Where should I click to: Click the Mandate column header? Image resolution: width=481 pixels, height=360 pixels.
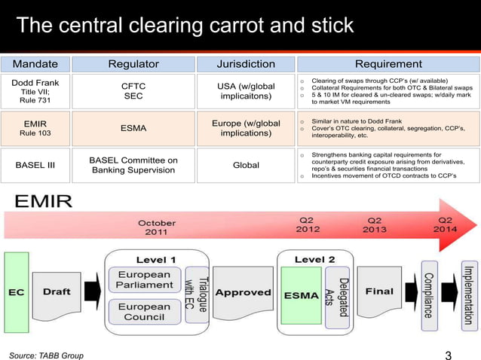click(x=35, y=64)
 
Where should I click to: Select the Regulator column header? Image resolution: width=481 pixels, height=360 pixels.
click(x=133, y=64)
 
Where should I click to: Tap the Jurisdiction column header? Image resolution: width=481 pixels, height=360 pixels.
click(x=246, y=64)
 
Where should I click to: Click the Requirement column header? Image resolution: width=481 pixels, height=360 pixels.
click(x=388, y=64)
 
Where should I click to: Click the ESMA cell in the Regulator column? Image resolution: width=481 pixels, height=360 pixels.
click(x=133, y=128)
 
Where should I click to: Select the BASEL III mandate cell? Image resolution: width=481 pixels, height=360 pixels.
click(x=35, y=165)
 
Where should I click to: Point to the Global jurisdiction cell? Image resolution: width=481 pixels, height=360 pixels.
click(x=246, y=165)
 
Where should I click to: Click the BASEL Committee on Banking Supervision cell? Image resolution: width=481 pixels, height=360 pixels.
click(x=133, y=165)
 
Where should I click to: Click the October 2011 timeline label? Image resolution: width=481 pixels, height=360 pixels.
click(x=157, y=227)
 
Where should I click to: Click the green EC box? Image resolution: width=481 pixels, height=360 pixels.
click(x=15, y=291)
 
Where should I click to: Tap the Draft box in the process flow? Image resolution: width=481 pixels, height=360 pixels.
click(x=57, y=291)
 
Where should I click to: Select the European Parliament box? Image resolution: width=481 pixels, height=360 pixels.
click(x=143, y=280)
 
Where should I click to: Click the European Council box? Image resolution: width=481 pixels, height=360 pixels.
click(x=143, y=312)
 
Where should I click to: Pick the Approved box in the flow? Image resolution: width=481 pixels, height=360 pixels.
click(x=243, y=292)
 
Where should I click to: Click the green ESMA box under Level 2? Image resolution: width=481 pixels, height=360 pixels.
click(x=301, y=294)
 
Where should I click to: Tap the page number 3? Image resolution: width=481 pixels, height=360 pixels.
click(x=449, y=355)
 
